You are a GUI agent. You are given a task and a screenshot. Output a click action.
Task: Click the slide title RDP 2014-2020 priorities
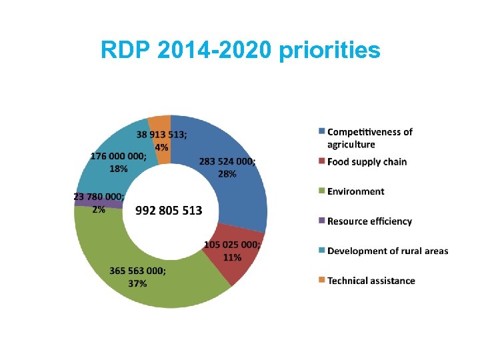point(240,50)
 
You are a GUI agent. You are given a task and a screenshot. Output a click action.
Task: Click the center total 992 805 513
point(169,211)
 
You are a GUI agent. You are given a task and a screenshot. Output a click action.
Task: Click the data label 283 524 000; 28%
point(227,167)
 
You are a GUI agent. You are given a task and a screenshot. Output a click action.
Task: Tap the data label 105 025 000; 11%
point(232,251)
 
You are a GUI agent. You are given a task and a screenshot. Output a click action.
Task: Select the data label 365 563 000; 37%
point(138,277)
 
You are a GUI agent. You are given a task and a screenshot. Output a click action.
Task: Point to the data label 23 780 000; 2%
point(99,203)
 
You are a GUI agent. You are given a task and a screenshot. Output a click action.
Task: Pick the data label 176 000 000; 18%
point(118,162)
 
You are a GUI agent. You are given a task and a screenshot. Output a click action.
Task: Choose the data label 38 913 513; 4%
point(162,140)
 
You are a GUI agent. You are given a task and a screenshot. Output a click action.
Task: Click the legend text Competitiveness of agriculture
point(369,138)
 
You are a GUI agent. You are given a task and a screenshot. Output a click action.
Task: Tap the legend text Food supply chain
point(367,161)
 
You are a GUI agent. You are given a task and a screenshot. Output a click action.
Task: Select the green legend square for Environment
point(321,191)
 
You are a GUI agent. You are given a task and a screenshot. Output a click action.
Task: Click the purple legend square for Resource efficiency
point(321,221)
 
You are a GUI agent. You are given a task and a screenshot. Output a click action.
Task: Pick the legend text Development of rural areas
point(387,251)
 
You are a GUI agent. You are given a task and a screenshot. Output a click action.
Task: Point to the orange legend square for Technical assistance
point(321,281)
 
